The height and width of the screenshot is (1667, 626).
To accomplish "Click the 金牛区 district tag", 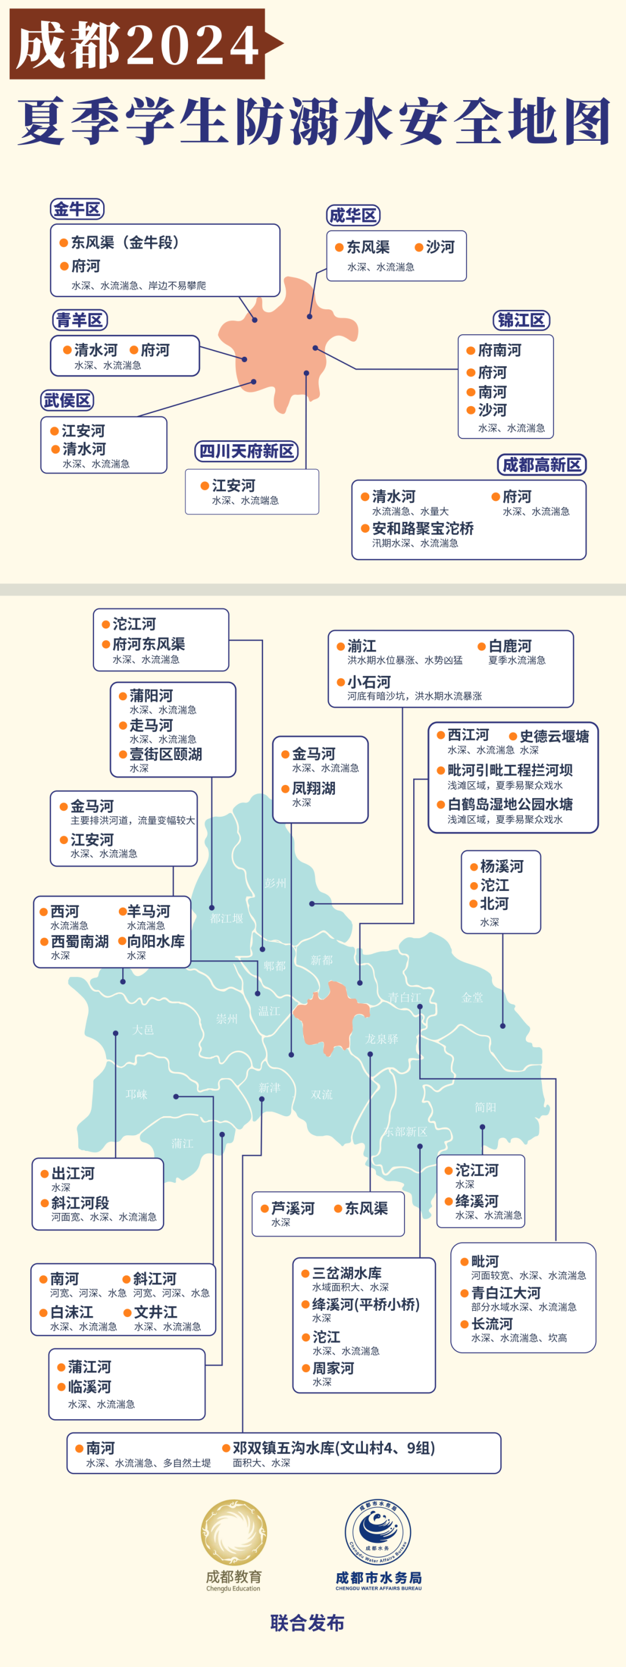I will [x=77, y=209].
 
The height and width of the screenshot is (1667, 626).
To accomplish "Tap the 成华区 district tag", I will [x=353, y=215].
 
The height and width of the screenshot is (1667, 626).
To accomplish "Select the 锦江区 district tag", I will [x=521, y=320].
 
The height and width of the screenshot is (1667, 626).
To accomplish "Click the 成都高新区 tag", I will [x=541, y=465].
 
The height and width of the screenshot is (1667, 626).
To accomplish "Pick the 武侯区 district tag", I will [x=67, y=401].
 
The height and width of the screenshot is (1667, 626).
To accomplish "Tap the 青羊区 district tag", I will [x=79, y=320].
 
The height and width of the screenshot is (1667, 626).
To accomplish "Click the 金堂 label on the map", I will [x=472, y=997].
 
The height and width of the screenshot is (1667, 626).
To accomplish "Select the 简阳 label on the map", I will [x=485, y=1107].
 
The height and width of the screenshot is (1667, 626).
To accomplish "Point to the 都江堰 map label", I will [x=227, y=918].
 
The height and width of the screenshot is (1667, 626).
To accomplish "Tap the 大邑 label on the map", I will [x=143, y=1030].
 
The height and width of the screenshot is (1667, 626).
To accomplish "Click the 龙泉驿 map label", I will [x=381, y=1039].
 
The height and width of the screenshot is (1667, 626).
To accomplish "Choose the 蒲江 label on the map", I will [x=182, y=1143].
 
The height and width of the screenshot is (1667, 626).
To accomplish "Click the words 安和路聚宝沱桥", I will [x=422, y=528].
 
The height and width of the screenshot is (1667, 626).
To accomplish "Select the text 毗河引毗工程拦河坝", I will [x=509, y=770].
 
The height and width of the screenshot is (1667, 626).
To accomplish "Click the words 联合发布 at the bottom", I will [x=308, y=1622].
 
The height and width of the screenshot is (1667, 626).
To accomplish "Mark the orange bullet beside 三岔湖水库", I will [x=305, y=1274].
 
